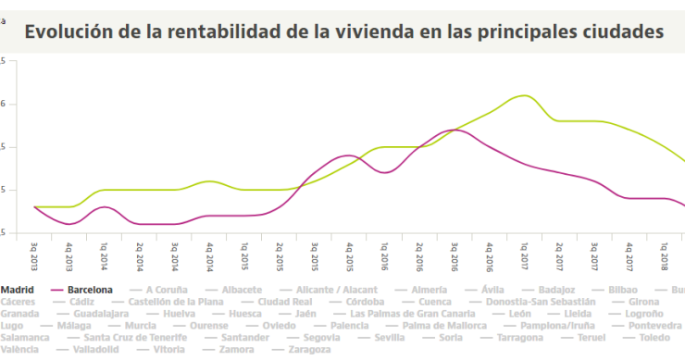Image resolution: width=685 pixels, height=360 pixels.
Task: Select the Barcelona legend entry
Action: pos(83,290)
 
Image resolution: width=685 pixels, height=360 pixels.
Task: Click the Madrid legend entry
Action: pos(18,290)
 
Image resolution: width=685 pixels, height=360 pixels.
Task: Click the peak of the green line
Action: pos(524,95)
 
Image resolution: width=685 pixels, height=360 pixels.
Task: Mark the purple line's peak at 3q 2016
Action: pos(455,130)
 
